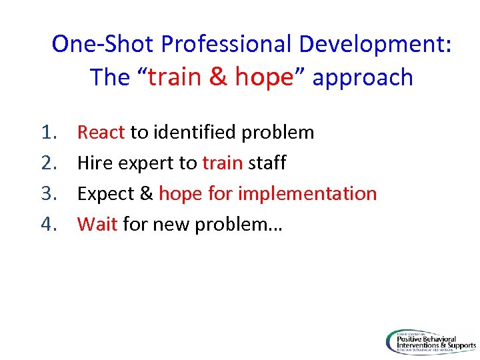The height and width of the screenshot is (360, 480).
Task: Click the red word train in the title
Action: pos(175,77)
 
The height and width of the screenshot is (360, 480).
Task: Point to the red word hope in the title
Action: pos(264,77)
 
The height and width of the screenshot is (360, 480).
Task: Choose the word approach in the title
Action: pos(363,77)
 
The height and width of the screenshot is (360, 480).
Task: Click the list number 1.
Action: pos(49,133)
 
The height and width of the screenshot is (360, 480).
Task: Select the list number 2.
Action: pos(49,163)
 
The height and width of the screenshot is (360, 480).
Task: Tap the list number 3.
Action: pos(49,194)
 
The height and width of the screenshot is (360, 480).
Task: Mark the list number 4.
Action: pos(49,225)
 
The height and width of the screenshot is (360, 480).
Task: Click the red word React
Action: pos(101,133)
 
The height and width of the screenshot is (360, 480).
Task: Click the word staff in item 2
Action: pos(267,163)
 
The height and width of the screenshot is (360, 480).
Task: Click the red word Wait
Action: pos(97,225)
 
